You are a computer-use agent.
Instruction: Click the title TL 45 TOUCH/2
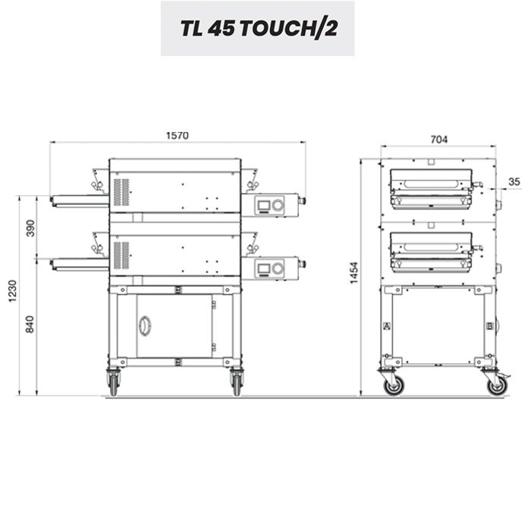tap(259, 28)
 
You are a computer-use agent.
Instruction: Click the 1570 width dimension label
tap(178, 136)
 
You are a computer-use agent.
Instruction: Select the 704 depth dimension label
tap(439, 139)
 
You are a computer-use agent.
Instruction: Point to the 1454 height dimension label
tap(354, 273)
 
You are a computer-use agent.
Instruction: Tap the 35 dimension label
tap(514, 182)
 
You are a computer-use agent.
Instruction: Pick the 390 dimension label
tap(30, 228)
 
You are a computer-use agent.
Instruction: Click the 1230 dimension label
tap(12, 291)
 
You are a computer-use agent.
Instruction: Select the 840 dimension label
tap(30, 325)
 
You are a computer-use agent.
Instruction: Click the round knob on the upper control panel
tap(278, 205)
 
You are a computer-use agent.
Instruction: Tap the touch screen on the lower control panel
tap(264, 269)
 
